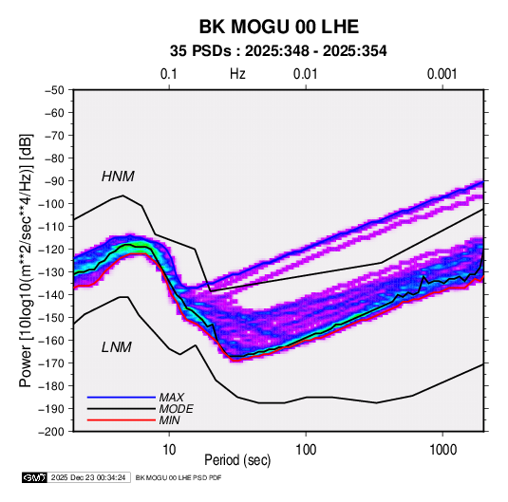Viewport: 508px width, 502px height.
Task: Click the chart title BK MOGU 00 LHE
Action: click(x=278, y=27)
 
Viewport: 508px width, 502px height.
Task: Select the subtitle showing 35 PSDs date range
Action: click(x=278, y=51)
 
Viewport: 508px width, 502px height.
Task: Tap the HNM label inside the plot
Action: click(x=118, y=177)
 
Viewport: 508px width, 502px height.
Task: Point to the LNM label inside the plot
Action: click(x=117, y=347)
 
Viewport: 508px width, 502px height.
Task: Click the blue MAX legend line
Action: click(x=122, y=397)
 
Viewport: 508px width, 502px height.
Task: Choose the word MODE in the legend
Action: click(x=177, y=409)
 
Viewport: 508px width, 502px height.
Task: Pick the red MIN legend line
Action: click(x=122, y=420)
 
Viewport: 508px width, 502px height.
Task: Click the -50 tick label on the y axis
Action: click(x=54, y=90)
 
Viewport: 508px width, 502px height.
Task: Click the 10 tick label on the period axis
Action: click(x=169, y=450)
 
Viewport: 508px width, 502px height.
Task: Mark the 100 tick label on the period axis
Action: click(x=306, y=450)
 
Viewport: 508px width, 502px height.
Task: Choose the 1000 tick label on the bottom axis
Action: click(x=442, y=450)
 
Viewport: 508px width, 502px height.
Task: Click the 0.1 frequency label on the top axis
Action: click(x=169, y=74)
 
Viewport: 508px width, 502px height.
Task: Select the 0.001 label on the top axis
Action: click(x=442, y=74)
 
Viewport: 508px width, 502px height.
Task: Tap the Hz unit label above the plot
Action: click(x=237, y=74)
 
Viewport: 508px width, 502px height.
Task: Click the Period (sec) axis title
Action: click(x=237, y=460)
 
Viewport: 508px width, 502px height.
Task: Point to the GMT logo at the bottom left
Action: click(x=35, y=477)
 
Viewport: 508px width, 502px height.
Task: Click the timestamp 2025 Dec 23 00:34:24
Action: click(x=88, y=477)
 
